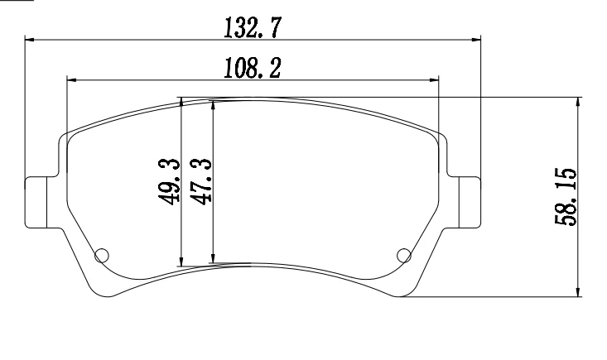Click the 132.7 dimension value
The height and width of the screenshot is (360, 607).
coord(251,27)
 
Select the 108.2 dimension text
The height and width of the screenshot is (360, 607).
coord(252,68)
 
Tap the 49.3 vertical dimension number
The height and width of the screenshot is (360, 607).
coord(170,181)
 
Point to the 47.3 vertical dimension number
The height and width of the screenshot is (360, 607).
coord(201,181)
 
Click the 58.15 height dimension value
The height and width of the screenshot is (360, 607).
coord(566,197)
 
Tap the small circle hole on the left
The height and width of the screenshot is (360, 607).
coord(102,256)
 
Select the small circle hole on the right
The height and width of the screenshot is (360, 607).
coord(404,256)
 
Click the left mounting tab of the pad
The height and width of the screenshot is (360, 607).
coord(36,202)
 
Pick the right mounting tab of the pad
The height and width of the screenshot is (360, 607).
coord(470,202)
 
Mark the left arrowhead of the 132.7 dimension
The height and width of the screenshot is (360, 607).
coord(29,40)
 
